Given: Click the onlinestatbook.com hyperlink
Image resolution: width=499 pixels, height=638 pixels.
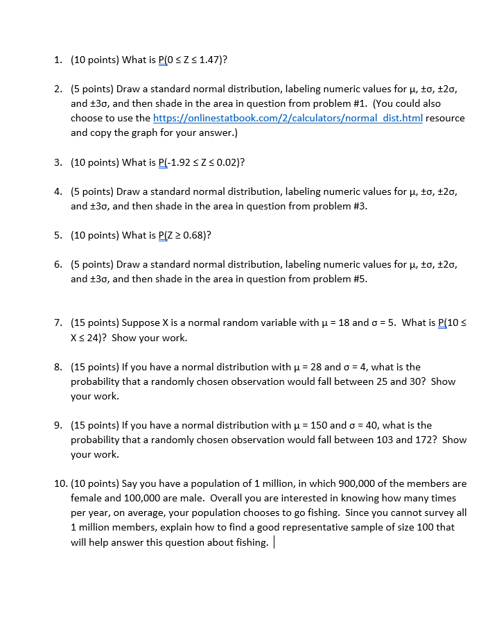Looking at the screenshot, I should [287, 118].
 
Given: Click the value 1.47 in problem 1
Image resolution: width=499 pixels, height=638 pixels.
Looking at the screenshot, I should [209, 60].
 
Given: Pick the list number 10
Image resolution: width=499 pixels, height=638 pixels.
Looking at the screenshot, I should [60, 483].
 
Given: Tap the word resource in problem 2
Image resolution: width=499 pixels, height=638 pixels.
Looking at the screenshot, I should [445, 118].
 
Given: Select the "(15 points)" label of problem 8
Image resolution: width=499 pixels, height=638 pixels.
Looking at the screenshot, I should [95, 367].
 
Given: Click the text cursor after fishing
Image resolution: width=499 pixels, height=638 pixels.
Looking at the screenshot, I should [275, 542].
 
